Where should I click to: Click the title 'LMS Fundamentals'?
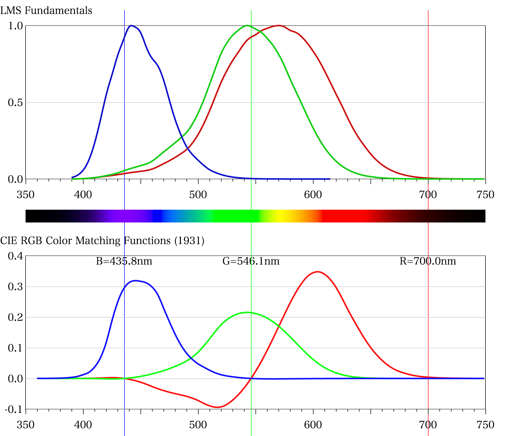[46, 11]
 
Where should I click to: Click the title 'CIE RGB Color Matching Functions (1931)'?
[102, 241]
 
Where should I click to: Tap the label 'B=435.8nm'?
[124, 261]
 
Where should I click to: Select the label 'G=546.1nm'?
[251, 261]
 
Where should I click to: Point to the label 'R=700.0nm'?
[428, 261]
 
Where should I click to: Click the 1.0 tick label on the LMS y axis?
[15, 26]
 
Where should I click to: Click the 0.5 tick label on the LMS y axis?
[15, 103]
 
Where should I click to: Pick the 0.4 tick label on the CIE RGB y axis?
[15, 256]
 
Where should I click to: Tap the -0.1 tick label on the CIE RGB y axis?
[14, 409]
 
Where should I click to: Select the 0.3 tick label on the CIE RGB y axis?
[15, 287]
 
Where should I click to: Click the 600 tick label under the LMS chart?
[313, 195]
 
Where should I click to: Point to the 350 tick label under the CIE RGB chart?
[26, 425]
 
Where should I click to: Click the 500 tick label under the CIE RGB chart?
[198, 425]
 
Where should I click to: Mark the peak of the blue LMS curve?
[131, 26]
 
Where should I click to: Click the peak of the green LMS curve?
[247, 26]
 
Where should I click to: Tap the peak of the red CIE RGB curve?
[318, 272]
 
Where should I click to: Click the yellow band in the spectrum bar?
[280, 216]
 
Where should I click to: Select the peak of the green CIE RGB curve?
[247, 312]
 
